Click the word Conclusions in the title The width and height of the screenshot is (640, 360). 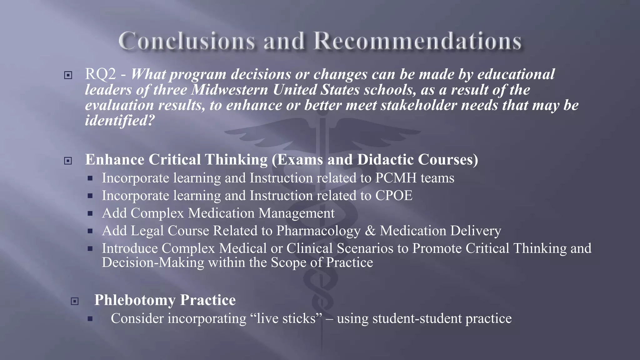pyautogui.click(x=187, y=41)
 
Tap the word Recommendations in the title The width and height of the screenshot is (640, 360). pyautogui.click(x=417, y=41)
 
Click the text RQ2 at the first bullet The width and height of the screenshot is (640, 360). pyautogui.click(x=100, y=74)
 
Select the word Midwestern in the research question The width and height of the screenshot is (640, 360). pyautogui.click(x=230, y=90)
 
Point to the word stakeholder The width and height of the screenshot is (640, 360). pyautogui.click(x=419, y=105)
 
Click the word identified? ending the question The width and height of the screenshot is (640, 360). pyautogui.click(x=120, y=121)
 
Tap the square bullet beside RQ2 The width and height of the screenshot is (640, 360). pyautogui.click(x=68, y=75)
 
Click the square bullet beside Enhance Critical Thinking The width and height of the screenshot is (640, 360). pyautogui.click(x=68, y=161)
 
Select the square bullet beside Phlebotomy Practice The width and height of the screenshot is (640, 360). pyautogui.click(x=75, y=301)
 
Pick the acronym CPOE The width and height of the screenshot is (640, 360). pyautogui.click(x=394, y=196)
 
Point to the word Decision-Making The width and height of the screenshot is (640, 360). pyautogui.click(x=153, y=262)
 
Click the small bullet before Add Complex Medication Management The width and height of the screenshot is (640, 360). pyautogui.click(x=90, y=214)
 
